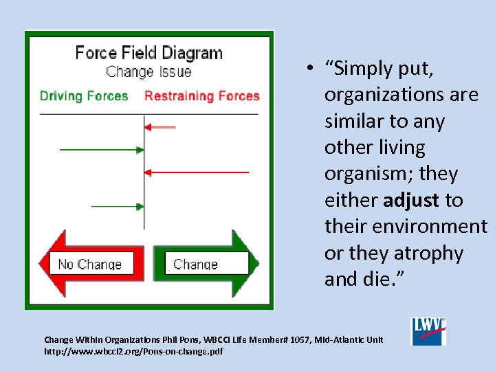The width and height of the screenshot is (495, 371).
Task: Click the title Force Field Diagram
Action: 148,53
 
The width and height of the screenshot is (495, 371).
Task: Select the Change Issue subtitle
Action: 148,71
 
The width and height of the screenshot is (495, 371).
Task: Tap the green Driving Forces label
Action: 84,95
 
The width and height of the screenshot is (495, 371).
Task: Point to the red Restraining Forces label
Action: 201,95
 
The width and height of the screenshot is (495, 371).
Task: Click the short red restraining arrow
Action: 160,126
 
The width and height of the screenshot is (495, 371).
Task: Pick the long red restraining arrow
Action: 197,171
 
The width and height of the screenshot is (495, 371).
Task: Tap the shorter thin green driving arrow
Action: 117,205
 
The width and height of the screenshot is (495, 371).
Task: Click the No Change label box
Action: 90,264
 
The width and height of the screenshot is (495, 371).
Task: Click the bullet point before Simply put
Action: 311,68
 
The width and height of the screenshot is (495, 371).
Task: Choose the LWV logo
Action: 428,331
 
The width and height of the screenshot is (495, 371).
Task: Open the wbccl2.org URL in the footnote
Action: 133,352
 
